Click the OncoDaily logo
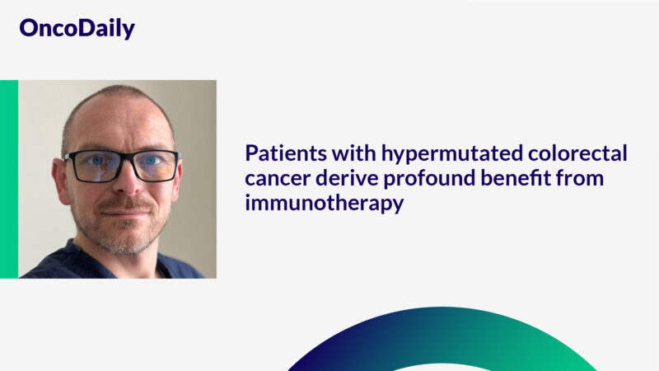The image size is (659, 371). coord(77,28)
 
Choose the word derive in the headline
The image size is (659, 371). coord(341,177)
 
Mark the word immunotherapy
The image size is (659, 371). coord(324,202)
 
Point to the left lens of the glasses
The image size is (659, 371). coord(93,166)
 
